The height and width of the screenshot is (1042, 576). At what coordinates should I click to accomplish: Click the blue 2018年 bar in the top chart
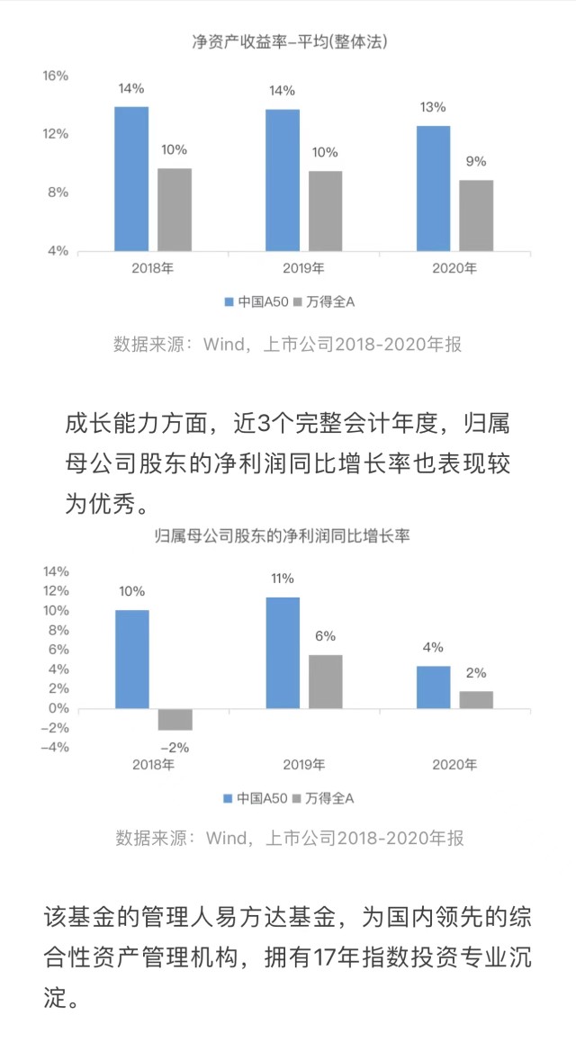tap(131, 178)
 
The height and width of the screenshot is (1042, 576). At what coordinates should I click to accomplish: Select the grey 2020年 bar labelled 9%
tap(476, 215)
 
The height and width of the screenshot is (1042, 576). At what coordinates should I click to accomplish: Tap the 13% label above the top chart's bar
tap(433, 107)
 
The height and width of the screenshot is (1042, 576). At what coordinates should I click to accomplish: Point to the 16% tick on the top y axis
tap(56, 76)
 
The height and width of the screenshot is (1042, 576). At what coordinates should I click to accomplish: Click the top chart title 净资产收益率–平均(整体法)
tap(290, 41)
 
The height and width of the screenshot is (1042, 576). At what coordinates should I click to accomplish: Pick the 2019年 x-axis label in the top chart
tap(303, 268)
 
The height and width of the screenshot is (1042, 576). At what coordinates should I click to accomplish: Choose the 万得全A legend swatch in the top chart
tap(299, 302)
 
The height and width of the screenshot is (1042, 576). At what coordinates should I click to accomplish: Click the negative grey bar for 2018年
tap(175, 719)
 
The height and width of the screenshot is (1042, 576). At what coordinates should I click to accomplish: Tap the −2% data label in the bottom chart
tap(175, 747)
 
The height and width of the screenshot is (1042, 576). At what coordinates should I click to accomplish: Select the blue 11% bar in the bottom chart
tap(283, 652)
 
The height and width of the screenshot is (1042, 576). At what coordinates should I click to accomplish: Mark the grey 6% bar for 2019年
tap(326, 681)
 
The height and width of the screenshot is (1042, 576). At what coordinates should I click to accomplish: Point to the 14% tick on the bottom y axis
tap(56, 571)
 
